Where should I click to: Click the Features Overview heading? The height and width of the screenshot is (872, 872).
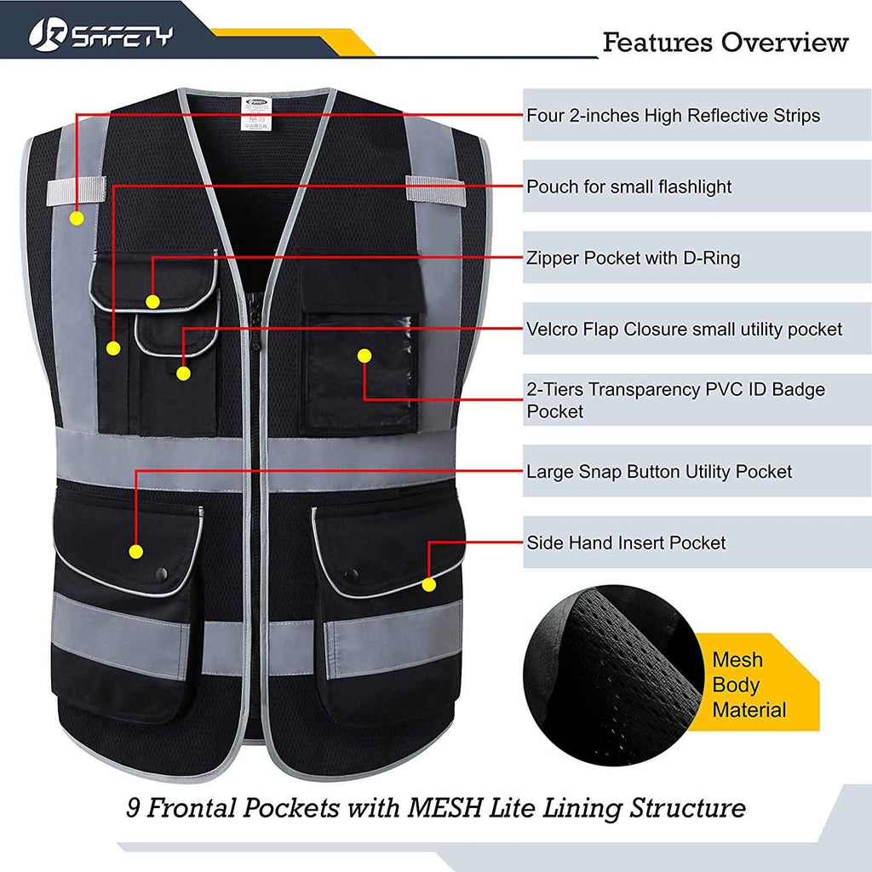pos(726,43)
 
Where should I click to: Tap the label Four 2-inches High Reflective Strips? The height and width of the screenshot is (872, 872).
pos(673,115)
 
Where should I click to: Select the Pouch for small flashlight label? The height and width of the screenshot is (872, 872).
pos(628,186)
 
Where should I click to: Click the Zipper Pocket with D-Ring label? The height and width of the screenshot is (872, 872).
pos(633,257)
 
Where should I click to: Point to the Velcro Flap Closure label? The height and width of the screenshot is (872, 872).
pos(684,329)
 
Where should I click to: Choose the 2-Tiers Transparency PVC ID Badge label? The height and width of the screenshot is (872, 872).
pos(675,400)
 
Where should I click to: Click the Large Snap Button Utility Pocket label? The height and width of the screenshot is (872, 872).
pos(658,471)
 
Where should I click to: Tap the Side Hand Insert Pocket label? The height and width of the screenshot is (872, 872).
pos(626,542)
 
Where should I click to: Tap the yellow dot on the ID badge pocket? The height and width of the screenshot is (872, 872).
pos(364,354)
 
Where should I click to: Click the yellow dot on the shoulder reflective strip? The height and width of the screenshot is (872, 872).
pos(77,218)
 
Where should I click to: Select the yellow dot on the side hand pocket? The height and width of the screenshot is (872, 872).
pos(428,584)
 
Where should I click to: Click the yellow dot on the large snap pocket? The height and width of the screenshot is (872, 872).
pos(135,551)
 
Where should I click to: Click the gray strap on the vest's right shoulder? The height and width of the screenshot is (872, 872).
pos(435,189)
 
